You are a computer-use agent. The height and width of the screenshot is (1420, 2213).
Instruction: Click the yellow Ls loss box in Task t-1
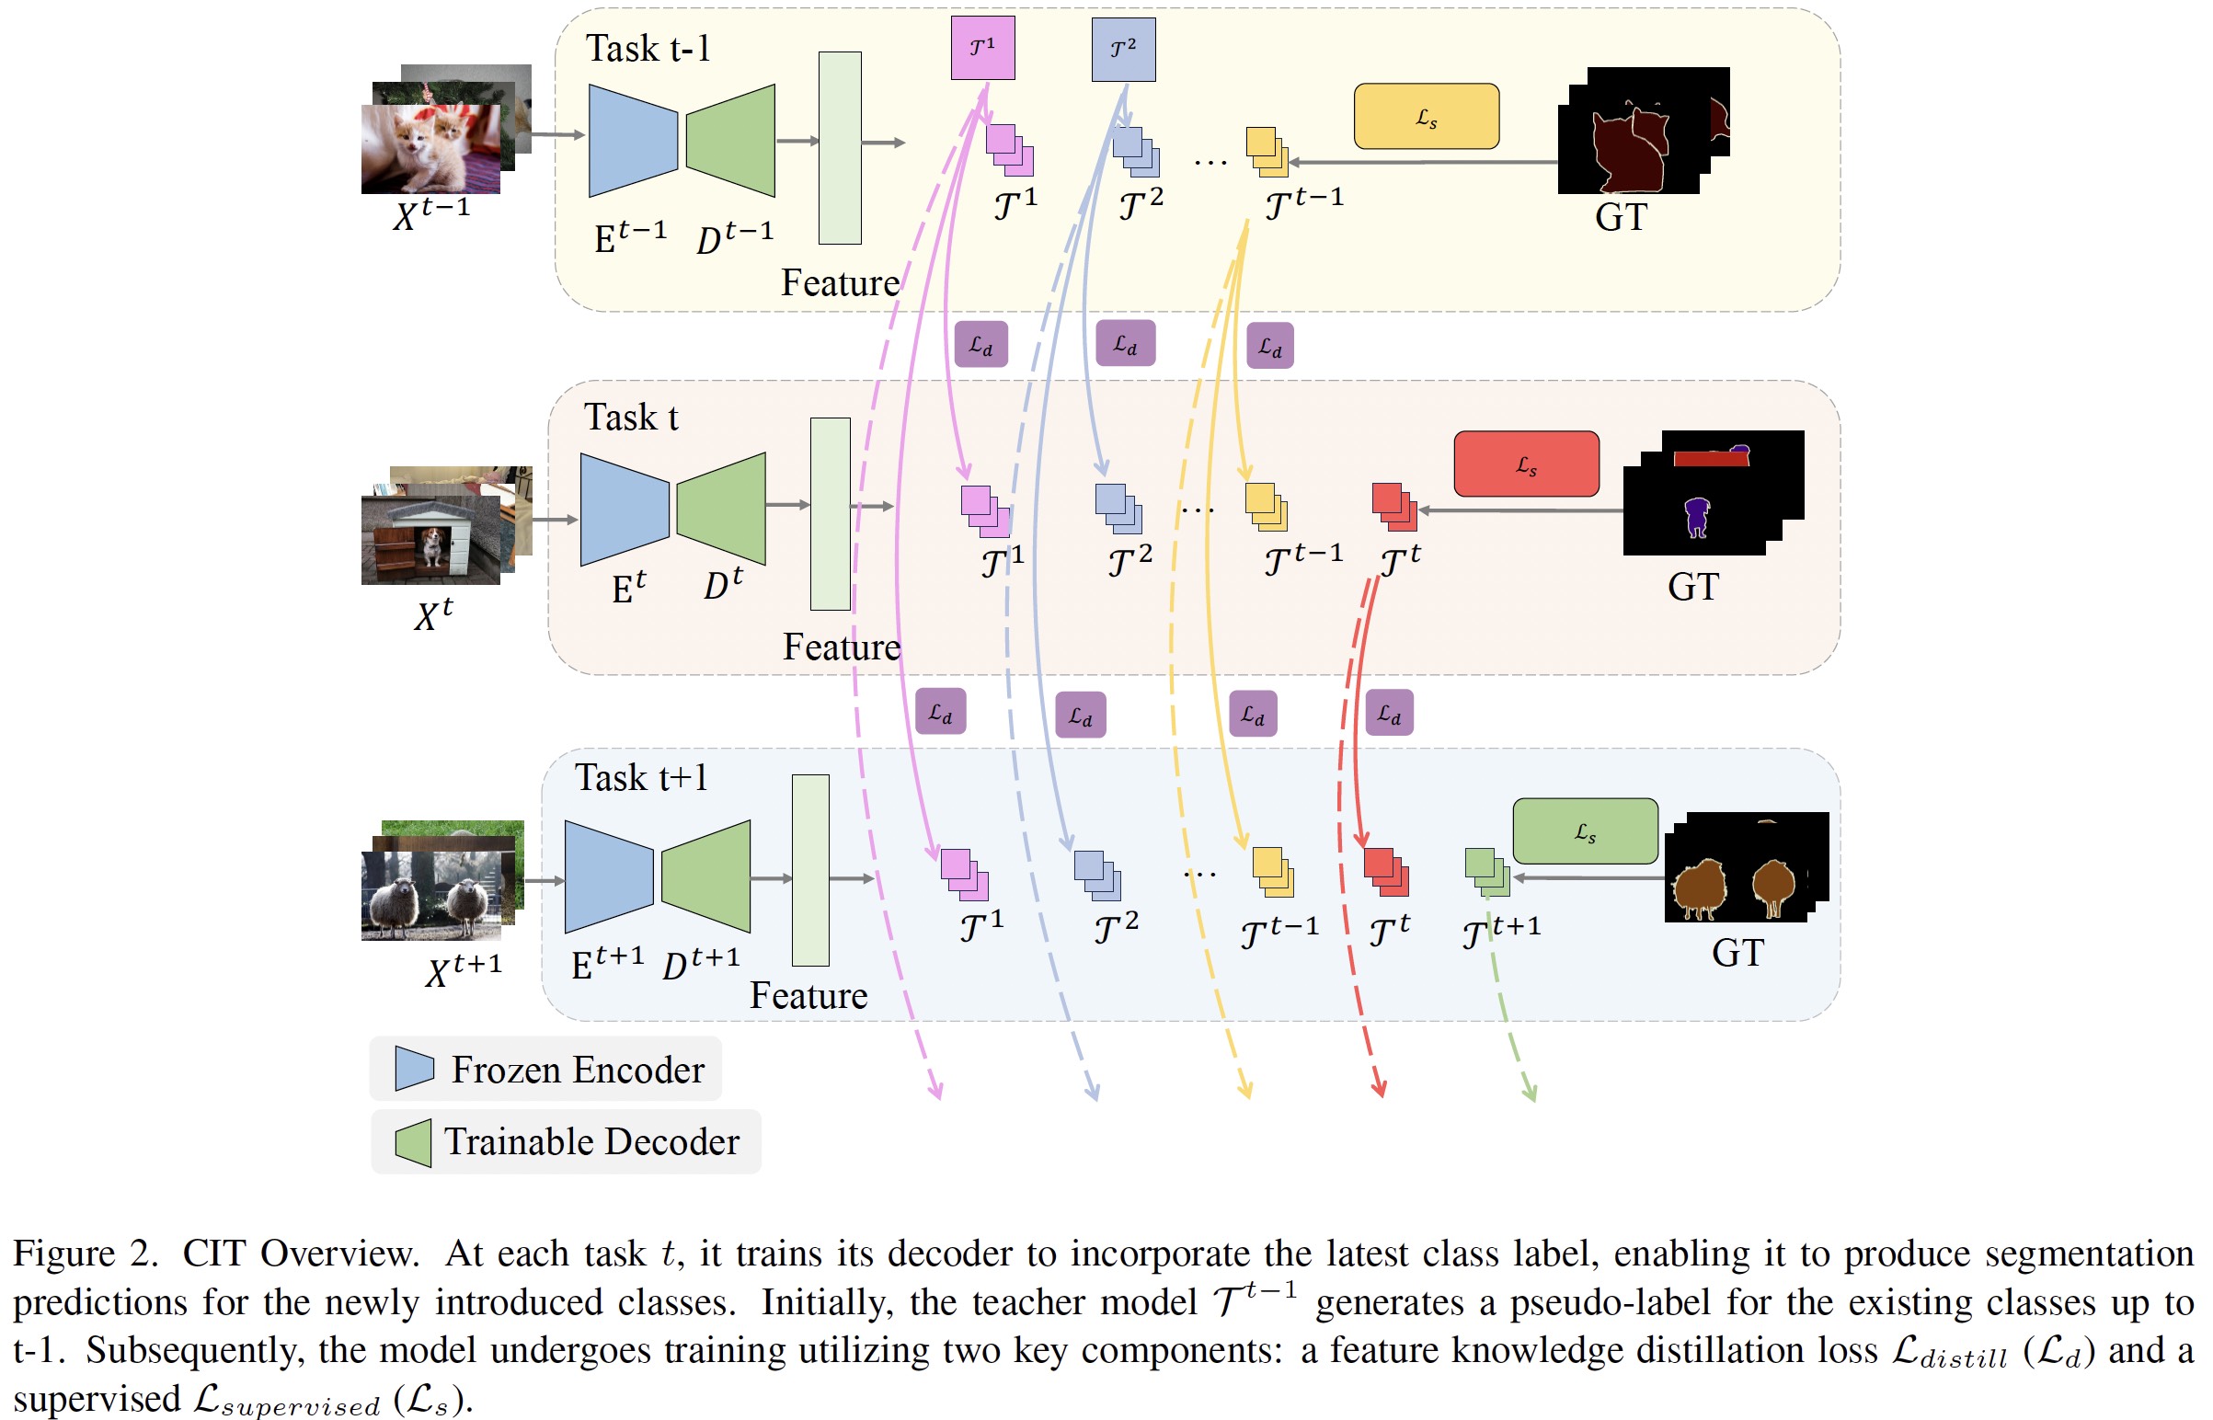click(1426, 116)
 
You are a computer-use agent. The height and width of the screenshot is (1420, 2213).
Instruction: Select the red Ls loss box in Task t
click(1526, 464)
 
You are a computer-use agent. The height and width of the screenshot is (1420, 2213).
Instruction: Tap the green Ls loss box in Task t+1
click(1584, 830)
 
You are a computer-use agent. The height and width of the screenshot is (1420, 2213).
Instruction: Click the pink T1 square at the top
click(982, 48)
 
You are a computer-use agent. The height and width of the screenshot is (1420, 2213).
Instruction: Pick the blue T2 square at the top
click(1122, 49)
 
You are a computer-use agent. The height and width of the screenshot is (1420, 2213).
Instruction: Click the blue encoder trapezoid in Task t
click(625, 509)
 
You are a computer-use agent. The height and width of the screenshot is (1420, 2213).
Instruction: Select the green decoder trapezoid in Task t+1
click(707, 876)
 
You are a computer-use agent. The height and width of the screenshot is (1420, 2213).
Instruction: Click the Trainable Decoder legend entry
click(567, 1141)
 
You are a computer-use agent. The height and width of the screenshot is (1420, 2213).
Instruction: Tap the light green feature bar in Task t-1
click(839, 147)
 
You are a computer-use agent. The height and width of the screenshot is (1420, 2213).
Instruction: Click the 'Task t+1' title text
click(641, 777)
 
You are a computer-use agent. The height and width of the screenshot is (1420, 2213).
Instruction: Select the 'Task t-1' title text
click(648, 48)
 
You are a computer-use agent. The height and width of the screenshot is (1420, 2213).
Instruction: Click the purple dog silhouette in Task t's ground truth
click(1696, 516)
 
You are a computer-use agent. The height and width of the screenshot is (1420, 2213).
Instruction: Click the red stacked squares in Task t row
click(1393, 506)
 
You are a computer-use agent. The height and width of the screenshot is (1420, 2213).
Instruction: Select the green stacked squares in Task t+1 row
click(1486, 871)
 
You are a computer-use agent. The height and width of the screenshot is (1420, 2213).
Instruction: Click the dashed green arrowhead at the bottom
click(1530, 1094)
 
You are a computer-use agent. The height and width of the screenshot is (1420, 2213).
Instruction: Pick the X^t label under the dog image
click(432, 614)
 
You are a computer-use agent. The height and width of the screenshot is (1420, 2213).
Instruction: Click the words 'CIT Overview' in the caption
click(300, 1254)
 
